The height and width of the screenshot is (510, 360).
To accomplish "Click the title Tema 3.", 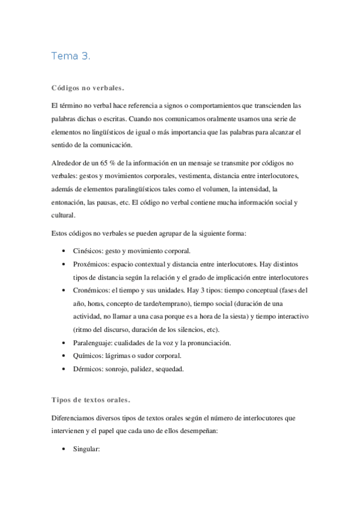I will (x=71, y=57).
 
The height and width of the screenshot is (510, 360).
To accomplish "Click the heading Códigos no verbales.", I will (x=88, y=88).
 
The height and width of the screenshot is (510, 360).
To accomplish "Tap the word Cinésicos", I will (x=88, y=250).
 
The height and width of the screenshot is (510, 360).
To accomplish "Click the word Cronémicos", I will (x=91, y=290).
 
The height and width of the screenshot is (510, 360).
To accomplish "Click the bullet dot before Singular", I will (x=64, y=449).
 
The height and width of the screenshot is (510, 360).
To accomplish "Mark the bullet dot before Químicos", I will (x=64, y=356).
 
